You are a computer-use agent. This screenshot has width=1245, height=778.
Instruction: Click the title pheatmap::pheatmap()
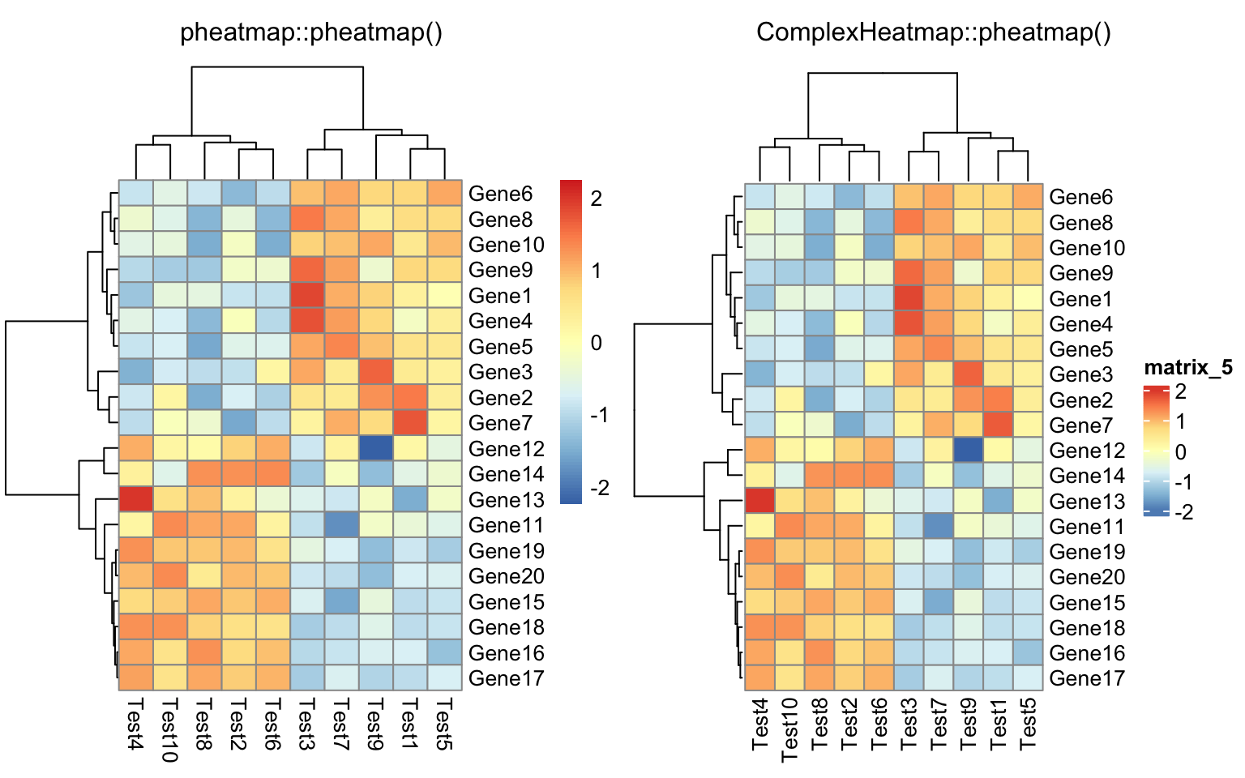tap(311, 32)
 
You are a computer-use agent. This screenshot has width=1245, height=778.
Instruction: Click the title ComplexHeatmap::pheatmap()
tap(933, 32)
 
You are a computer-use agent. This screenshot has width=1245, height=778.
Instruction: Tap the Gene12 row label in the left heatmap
tap(506, 449)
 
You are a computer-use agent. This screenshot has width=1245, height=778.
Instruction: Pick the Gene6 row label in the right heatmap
tap(1080, 197)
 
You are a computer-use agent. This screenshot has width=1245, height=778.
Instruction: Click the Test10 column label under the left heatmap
tap(169, 729)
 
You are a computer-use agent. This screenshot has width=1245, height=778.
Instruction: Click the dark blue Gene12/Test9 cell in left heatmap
tap(375, 448)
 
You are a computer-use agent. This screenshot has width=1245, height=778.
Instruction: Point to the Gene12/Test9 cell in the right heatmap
tap(969, 450)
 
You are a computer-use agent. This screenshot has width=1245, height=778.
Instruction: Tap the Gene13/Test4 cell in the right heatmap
tap(759, 501)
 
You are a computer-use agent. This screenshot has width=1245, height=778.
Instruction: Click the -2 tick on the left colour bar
tap(600, 488)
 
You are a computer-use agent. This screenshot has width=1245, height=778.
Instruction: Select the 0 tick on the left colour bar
tap(597, 343)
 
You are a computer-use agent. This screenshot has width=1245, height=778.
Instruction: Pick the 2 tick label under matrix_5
tap(1180, 392)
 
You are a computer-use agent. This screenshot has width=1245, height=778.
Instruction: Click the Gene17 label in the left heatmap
tap(506, 678)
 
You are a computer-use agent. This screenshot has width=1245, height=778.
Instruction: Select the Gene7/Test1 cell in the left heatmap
tap(410, 423)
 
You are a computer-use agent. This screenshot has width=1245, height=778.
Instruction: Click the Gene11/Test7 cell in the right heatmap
tap(939, 527)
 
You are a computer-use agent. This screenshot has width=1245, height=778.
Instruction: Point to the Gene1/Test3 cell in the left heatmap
tap(307, 296)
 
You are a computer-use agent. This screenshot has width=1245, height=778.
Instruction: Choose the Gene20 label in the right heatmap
tap(1087, 577)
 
